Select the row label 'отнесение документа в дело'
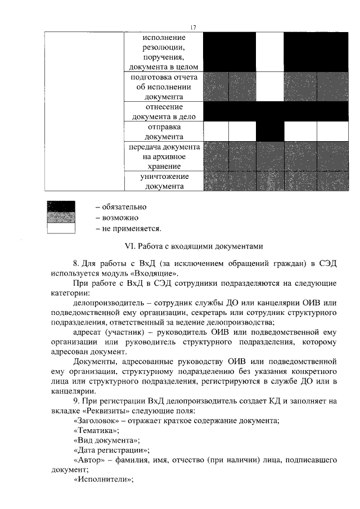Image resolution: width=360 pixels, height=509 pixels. pos(164,112)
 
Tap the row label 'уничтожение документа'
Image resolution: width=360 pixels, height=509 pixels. pos(164,181)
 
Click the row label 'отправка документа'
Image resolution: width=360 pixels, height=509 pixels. pos(164,132)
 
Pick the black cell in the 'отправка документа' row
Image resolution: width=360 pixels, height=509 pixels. pos(270,132)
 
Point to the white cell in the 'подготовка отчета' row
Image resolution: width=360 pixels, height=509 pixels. pos(270,87)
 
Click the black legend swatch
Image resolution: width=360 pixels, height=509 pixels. pos(61,207)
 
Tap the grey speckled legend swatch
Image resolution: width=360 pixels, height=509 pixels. pos(61,218)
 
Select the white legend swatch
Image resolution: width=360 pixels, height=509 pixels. pos(61,228)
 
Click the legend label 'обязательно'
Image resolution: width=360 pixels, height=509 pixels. pos(124,207)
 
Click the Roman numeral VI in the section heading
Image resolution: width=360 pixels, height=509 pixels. pos(128,246)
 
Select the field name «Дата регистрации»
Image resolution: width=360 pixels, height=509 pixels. pos(111,450)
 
